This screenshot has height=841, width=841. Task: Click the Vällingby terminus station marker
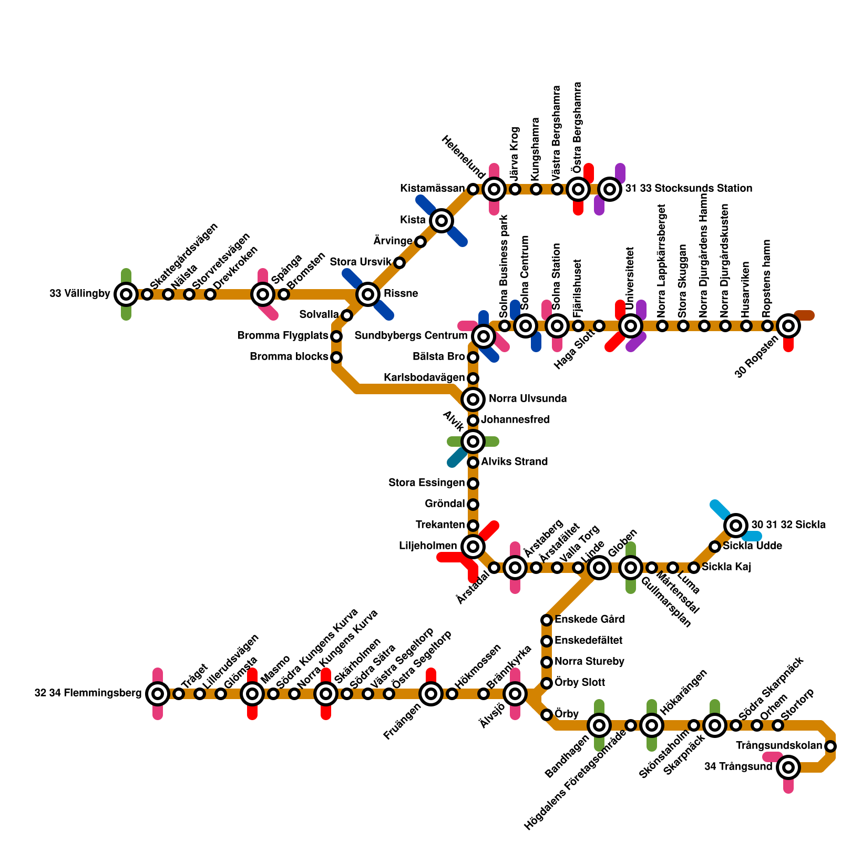tap(126, 294)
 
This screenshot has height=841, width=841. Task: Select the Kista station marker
tap(442, 221)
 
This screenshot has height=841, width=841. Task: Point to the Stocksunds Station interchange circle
tap(610, 189)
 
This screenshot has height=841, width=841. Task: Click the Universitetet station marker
tap(631, 326)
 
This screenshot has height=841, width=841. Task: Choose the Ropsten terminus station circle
tap(788, 326)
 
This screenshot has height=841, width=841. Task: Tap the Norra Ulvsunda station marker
tap(473, 399)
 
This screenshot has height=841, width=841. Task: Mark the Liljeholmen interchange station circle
tap(473, 547)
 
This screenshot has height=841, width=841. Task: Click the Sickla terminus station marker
tap(736, 525)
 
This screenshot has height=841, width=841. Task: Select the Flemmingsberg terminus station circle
tap(158, 694)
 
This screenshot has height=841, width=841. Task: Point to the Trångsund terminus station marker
tap(788, 767)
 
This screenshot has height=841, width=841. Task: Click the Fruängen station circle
tap(431, 694)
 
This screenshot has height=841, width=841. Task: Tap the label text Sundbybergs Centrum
tap(411, 336)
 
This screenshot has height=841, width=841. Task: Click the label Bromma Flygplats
tap(283, 336)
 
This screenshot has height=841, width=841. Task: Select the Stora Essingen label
tap(427, 483)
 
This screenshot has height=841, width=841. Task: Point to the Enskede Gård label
tap(590, 620)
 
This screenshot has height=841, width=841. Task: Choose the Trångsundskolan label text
tap(779, 746)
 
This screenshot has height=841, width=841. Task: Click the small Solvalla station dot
tap(346, 315)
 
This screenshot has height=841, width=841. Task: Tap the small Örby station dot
tap(547, 715)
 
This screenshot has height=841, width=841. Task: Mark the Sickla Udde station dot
tap(715, 547)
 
